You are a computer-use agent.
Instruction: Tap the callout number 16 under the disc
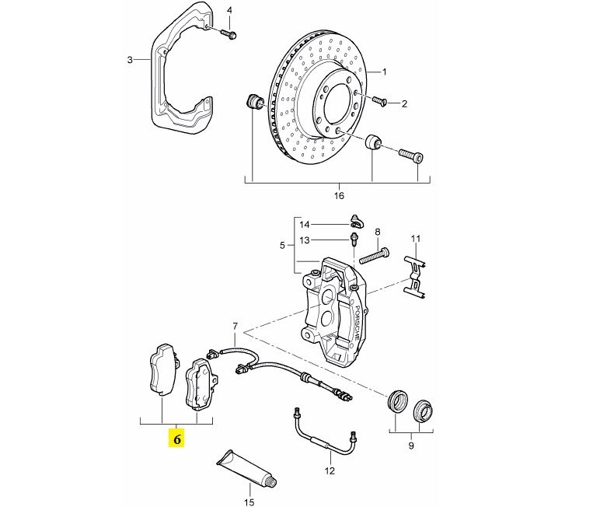click(x=339, y=196)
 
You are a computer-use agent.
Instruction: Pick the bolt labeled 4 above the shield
click(x=229, y=33)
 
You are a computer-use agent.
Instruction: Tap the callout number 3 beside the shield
click(x=131, y=59)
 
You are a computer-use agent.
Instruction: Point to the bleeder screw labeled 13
click(x=354, y=240)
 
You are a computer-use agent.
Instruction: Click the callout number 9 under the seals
click(x=411, y=446)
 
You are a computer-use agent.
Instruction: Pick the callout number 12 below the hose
click(x=329, y=470)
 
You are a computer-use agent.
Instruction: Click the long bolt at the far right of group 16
click(x=410, y=155)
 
